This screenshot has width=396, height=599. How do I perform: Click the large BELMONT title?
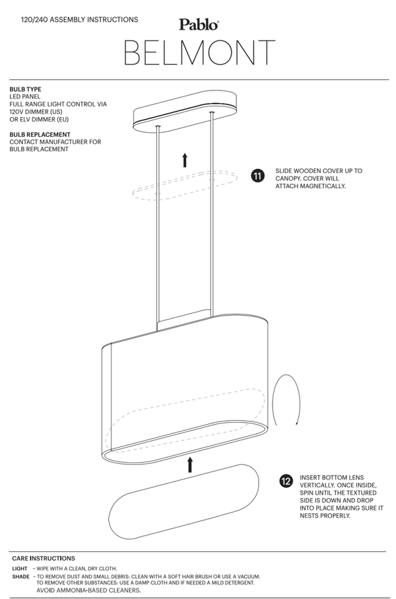click(199, 53)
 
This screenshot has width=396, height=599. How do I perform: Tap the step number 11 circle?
click(257, 176)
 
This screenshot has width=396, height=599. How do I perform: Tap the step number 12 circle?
click(286, 481)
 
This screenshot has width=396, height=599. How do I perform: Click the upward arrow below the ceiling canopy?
click(185, 159)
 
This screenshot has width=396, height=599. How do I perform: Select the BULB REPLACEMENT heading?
click(40, 134)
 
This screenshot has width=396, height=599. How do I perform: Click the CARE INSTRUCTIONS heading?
click(44, 558)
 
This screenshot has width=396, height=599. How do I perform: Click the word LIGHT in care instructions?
click(20, 568)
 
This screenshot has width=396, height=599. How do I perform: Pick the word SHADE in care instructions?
click(20, 576)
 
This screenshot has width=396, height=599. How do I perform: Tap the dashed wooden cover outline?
click(184, 184)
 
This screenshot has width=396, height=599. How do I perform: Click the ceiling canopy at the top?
click(185, 116)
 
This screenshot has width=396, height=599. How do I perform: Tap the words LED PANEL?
click(25, 96)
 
